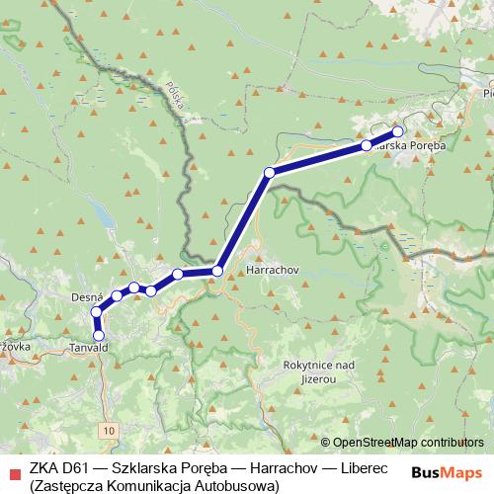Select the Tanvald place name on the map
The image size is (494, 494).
(90, 349)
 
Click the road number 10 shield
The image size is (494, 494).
(107, 431)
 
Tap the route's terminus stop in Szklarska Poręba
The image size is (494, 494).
(398, 130)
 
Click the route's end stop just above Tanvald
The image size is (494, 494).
(98, 336)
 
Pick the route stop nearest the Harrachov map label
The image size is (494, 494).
(217, 270)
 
